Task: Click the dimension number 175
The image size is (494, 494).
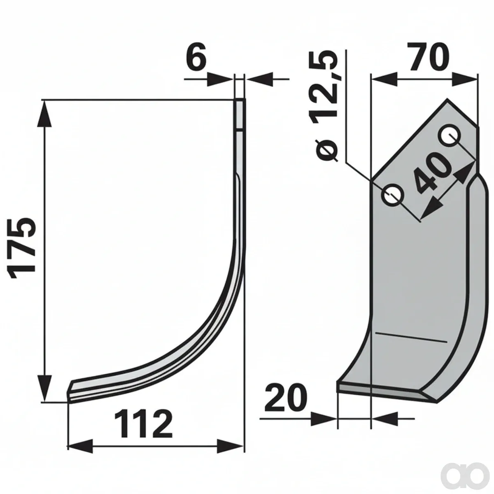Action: tap(22, 248)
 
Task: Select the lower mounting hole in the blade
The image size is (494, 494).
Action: tap(393, 196)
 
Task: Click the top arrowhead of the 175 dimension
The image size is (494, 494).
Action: tap(44, 113)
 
